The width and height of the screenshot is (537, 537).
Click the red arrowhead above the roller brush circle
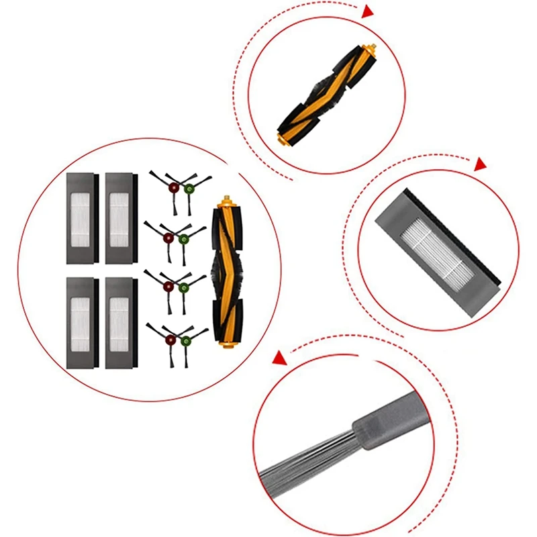pyautogui.click(x=367, y=11)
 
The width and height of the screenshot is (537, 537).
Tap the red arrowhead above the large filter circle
pyautogui.click(x=480, y=164)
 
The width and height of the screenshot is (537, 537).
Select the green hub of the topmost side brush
pyautogui.click(x=189, y=188)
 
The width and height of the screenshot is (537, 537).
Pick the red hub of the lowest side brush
pyautogui.click(x=169, y=339)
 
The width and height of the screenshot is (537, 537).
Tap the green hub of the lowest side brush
pyautogui.click(x=185, y=340)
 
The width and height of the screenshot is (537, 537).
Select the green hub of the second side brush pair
pyautogui.click(x=183, y=238)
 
